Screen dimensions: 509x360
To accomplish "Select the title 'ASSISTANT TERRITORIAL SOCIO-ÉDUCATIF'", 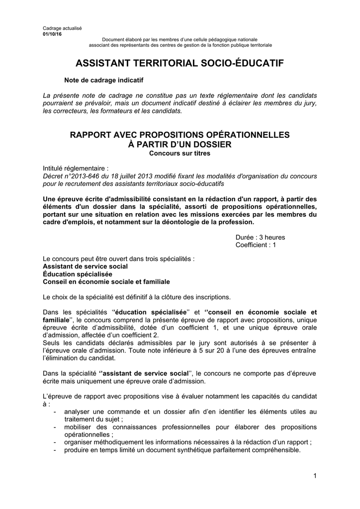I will point(180,64).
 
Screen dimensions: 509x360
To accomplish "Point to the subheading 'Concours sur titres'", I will point(180,153).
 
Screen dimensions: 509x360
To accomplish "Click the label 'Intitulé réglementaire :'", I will point(76,169).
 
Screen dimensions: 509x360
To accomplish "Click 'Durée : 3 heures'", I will point(260,237).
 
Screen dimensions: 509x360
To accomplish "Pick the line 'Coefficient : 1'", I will point(255,245).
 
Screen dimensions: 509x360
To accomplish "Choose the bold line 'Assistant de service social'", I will point(86,266).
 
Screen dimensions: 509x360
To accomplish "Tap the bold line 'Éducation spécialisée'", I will point(78,274).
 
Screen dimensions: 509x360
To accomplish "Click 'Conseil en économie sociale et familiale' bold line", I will point(106,281).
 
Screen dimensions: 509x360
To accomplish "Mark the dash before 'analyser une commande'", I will point(54,412).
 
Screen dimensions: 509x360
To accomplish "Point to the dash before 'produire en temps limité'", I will point(54,450).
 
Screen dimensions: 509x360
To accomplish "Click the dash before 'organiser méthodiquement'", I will point(54,442).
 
